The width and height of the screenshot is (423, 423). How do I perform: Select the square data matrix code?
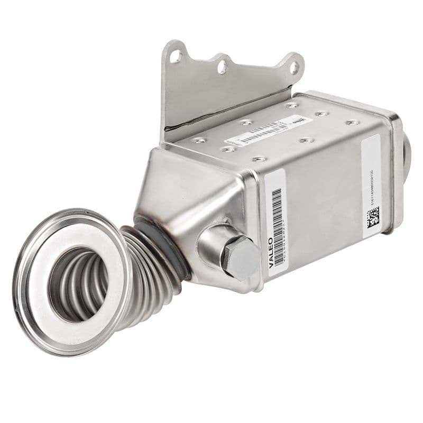[x=373, y=217]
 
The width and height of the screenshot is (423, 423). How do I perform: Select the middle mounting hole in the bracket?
[x=222, y=67]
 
